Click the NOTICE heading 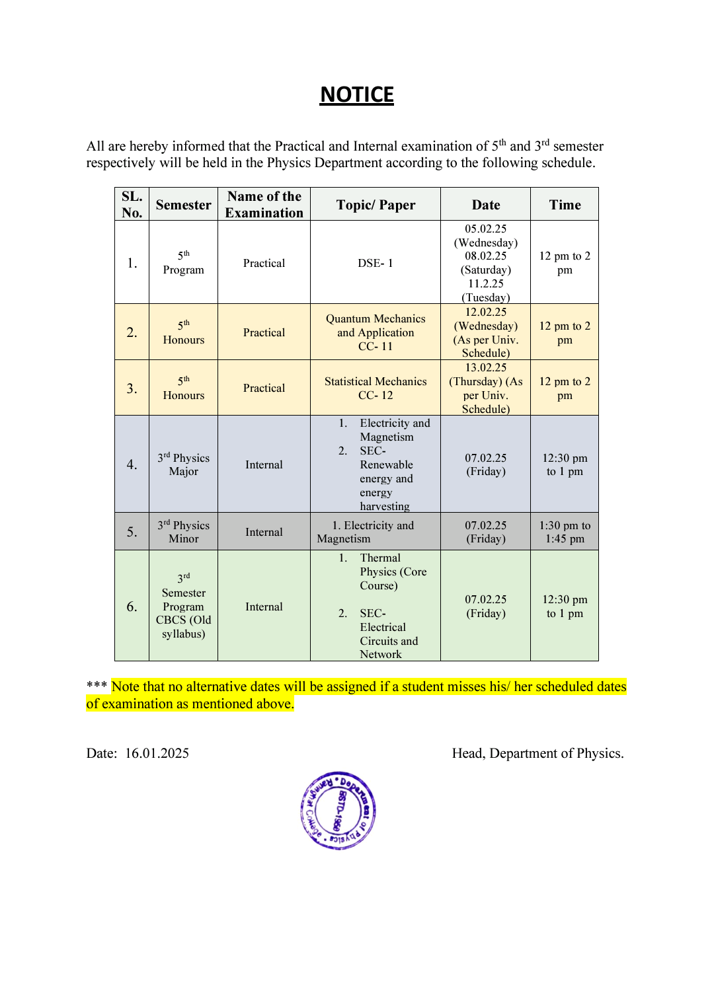tap(357, 94)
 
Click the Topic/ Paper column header tap(376, 205)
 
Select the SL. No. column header tap(132, 205)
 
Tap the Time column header tap(565, 205)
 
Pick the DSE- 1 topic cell tap(376, 263)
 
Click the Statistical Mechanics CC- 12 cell tap(376, 388)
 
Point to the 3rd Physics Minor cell tap(183, 532)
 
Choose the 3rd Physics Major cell tap(183, 464)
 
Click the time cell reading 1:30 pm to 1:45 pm tap(565, 532)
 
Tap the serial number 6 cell tap(132, 607)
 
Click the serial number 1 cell tap(132, 263)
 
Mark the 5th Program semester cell tap(183, 263)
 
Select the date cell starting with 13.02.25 tap(486, 388)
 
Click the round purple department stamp tap(338, 811)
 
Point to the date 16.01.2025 tap(157, 754)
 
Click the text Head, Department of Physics tap(537, 754)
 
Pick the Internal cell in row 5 tap(264, 532)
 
